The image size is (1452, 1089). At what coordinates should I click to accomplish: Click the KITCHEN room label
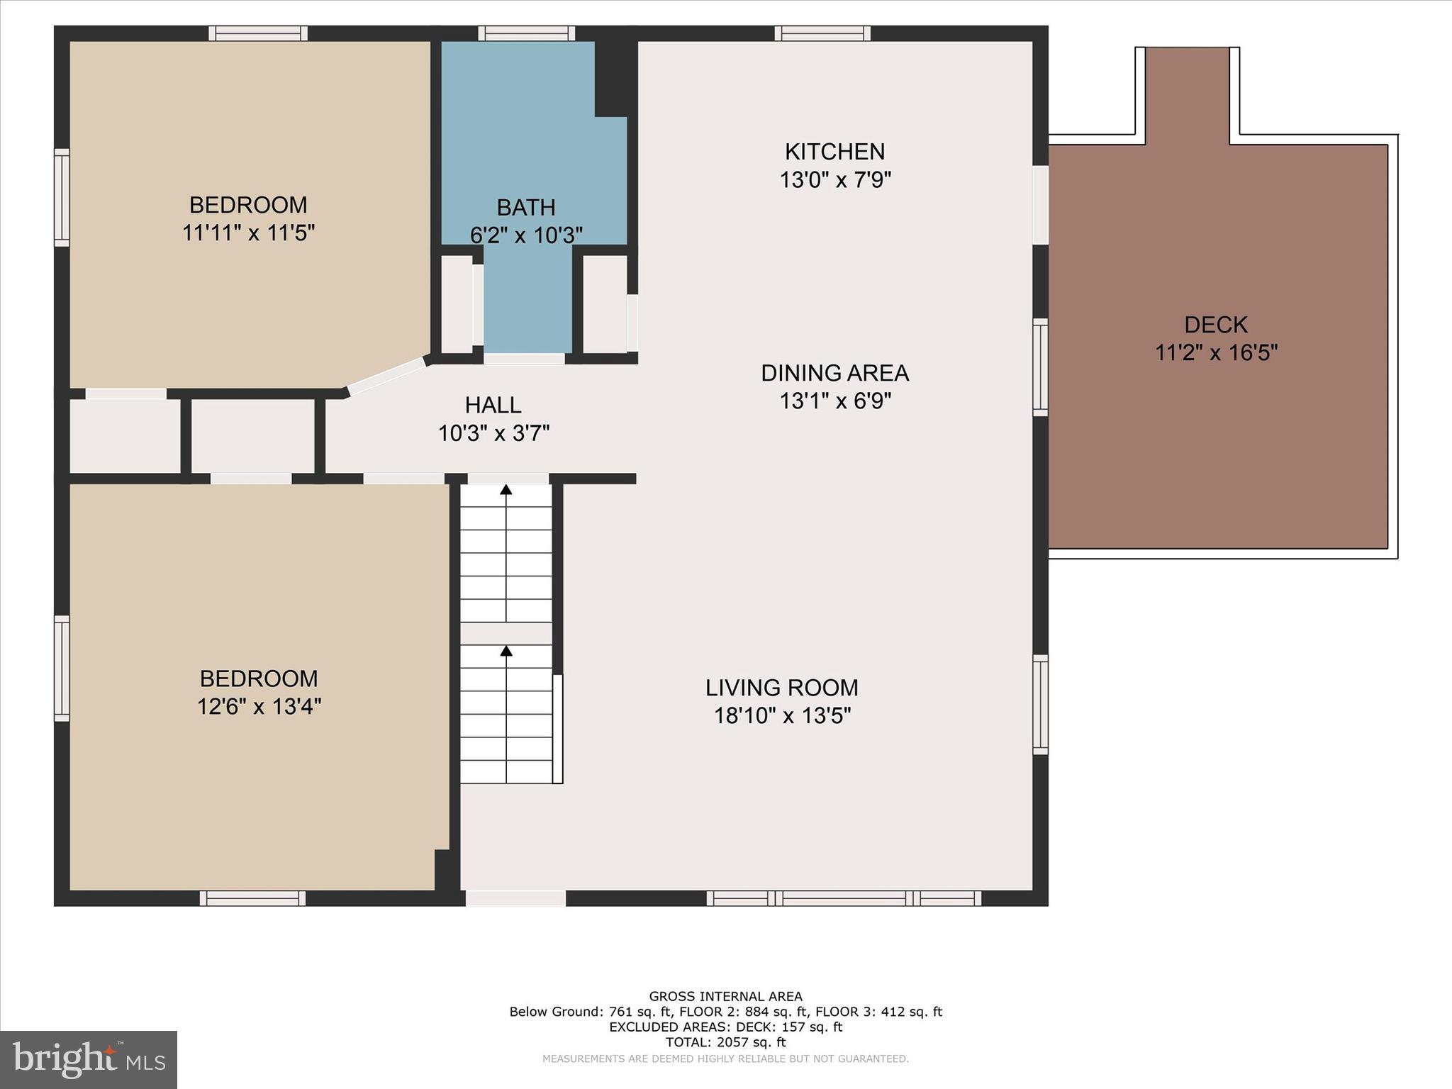tap(834, 152)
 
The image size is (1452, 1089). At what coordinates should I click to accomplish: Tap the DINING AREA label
tap(834, 373)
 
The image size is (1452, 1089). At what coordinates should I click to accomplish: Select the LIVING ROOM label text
tap(781, 688)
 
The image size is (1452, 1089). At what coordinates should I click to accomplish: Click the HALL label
tap(493, 405)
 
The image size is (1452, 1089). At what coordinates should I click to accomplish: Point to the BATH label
tap(525, 208)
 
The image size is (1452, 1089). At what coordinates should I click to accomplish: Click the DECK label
tap(1215, 325)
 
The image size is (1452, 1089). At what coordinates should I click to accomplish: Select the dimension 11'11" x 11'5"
tap(248, 233)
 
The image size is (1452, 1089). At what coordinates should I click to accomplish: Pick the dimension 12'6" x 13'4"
tap(259, 707)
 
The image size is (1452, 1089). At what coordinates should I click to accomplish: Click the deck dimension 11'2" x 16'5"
tap(1215, 352)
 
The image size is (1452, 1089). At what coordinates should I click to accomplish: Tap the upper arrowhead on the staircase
tap(506, 489)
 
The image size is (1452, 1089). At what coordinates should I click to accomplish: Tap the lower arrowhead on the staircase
tap(506, 650)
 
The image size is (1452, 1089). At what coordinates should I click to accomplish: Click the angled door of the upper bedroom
tap(386, 375)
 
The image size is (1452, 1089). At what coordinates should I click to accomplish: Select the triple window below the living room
tap(844, 898)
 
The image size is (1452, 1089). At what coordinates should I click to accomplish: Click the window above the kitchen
tap(822, 33)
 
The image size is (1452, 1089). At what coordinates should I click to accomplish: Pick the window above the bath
tap(526, 33)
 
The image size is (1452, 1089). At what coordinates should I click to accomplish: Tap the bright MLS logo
tap(89, 1059)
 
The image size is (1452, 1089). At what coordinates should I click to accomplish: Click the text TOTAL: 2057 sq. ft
tap(725, 1042)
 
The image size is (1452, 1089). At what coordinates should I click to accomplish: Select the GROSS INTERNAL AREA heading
tap(725, 996)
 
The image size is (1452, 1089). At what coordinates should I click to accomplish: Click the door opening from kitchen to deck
tap(1040, 205)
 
